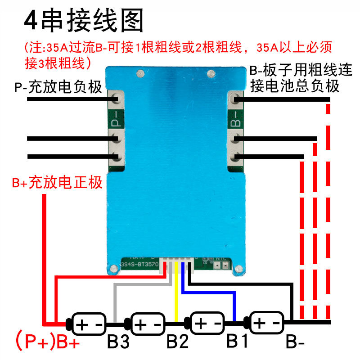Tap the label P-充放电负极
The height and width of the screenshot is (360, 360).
(58, 86)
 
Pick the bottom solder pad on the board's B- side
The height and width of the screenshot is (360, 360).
(234, 157)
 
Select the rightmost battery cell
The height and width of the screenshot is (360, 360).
(267, 323)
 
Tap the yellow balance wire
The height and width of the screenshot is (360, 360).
(176, 297)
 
